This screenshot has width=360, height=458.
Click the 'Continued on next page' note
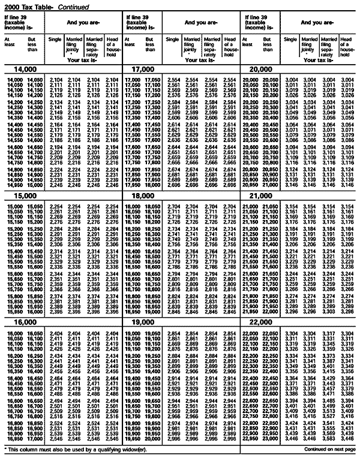tap(330, 449)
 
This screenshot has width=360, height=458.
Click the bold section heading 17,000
tap(139, 70)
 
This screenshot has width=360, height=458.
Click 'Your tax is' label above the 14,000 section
tap(83, 61)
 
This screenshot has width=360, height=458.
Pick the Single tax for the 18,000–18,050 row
tap(173, 206)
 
